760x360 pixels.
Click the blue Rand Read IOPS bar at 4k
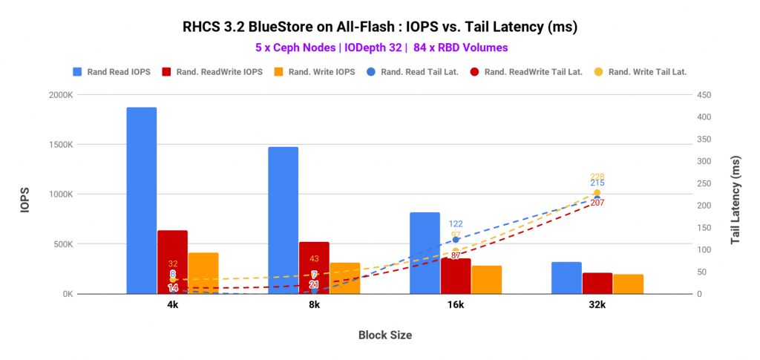coord(141,200)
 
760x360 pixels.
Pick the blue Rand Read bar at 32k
coord(566,278)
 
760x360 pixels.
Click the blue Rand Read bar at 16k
coord(425,253)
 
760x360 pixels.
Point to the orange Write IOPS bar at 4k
coord(203,273)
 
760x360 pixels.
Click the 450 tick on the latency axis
coord(704,95)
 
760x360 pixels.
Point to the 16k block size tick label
coord(455,305)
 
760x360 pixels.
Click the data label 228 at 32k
coord(597,177)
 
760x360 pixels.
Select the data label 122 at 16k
coord(456,223)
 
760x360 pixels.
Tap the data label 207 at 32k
coord(597,203)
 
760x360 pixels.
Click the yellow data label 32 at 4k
coord(173,264)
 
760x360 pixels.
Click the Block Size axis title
coord(384,335)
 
